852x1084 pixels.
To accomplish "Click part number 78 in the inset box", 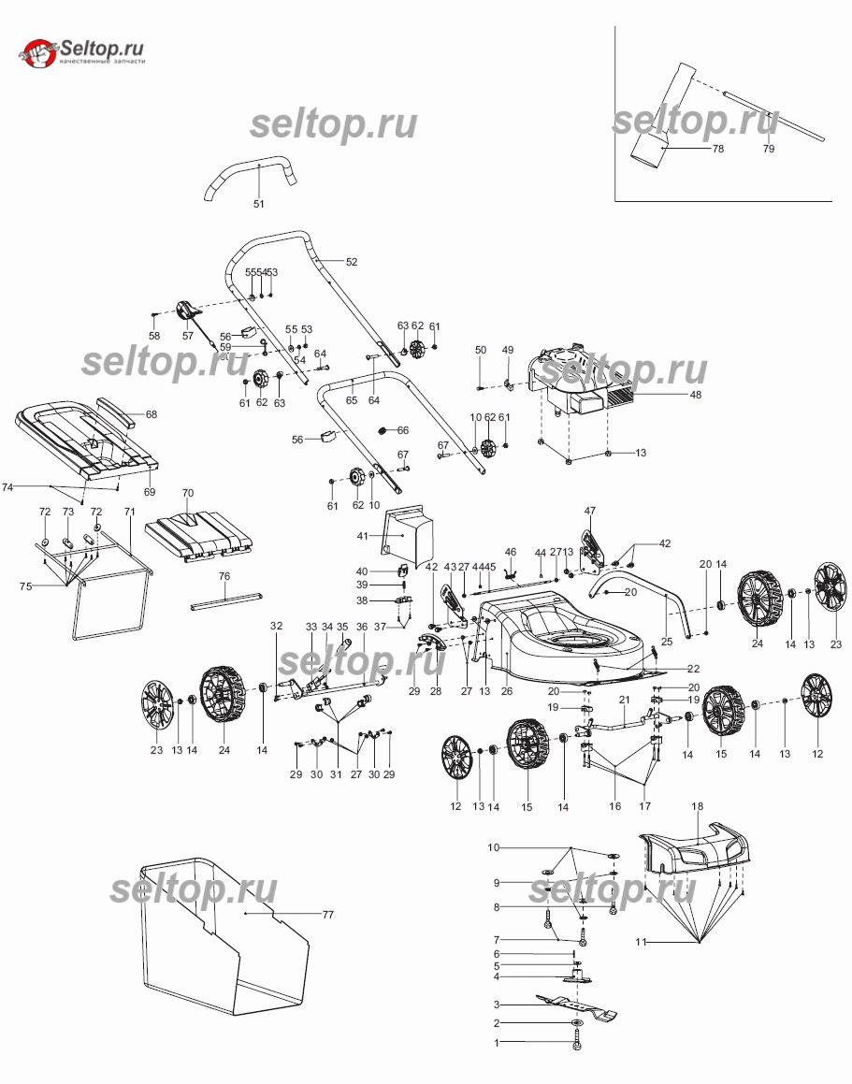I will pyautogui.click(x=718, y=149).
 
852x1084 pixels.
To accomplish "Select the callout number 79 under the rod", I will pyautogui.click(x=769, y=149).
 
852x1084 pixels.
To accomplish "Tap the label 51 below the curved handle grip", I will pyautogui.click(x=259, y=203).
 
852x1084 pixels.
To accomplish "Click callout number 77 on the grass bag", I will pyautogui.click(x=327, y=914).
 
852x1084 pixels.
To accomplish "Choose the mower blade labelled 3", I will pyautogui.click(x=574, y=1007).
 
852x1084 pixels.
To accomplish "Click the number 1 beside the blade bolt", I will pyautogui.click(x=498, y=1041).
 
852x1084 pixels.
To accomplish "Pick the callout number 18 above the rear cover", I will pyautogui.click(x=697, y=806).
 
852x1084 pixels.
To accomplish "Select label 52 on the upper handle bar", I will pyautogui.click(x=352, y=262).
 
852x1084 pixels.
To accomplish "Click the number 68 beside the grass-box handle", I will pyautogui.click(x=151, y=413).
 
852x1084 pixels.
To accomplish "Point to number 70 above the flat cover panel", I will pyautogui.click(x=187, y=493).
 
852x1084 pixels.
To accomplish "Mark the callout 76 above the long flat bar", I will pyautogui.click(x=224, y=576).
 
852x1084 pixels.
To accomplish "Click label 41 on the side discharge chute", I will pyautogui.click(x=361, y=537).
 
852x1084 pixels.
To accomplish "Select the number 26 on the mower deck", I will pyautogui.click(x=507, y=691).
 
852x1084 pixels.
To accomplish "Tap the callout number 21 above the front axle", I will pyautogui.click(x=624, y=700).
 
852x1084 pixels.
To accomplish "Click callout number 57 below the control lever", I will pyautogui.click(x=187, y=336).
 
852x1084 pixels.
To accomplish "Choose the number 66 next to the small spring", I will pyautogui.click(x=403, y=430).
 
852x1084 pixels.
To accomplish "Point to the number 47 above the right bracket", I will pyautogui.click(x=590, y=511).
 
